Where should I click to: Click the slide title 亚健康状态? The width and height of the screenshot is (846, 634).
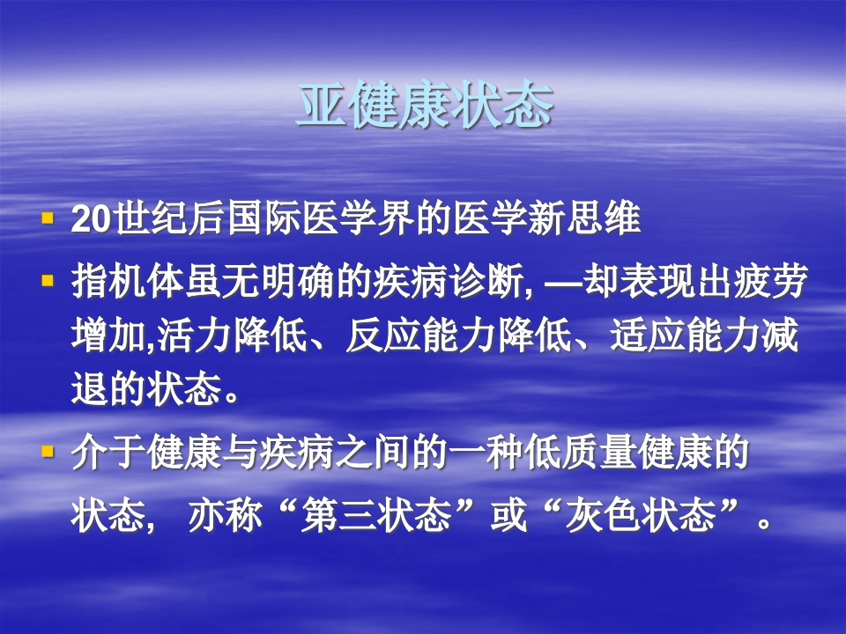423,107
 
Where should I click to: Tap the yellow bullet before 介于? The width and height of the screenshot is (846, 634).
48,451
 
